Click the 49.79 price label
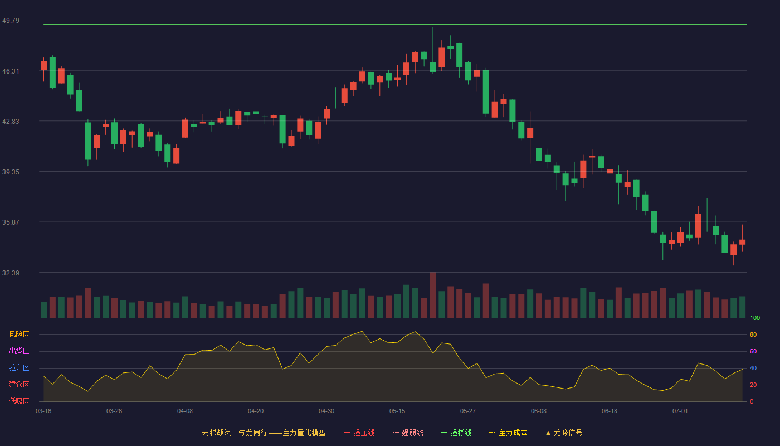click(x=11, y=21)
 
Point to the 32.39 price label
click(x=11, y=273)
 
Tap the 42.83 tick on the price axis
click(x=11, y=122)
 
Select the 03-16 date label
click(x=43, y=411)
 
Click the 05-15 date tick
click(x=397, y=411)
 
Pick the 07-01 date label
click(x=680, y=411)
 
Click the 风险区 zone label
click(x=19, y=334)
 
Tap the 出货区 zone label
click(x=19, y=351)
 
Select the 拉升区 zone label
click(x=19, y=367)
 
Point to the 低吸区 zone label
click(x=19, y=401)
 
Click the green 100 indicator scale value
click(x=755, y=318)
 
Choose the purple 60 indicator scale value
click(x=753, y=351)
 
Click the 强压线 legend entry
click(x=359, y=433)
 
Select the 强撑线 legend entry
click(x=456, y=433)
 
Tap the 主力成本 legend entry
click(x=508, y=433)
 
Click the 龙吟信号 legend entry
click(x=564, y=433)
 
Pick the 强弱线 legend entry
click(x=408, y=433)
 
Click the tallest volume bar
click(x=433, y=295)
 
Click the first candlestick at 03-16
click(x=43, y=66)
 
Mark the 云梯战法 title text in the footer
click(x=216, y=433)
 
